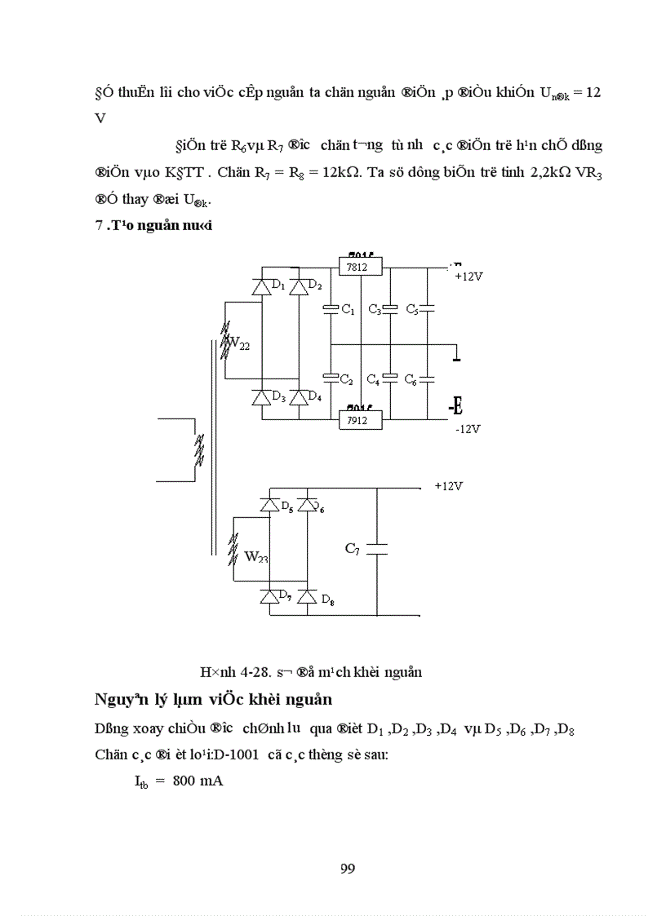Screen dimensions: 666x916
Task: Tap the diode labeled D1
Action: pos(262,286)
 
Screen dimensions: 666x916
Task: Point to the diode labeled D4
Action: pos(299,397)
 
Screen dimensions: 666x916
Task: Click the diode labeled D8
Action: pos(307,596)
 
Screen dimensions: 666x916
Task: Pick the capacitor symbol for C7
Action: pos(377,550)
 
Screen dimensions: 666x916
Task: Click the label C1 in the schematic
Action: pos(347,310)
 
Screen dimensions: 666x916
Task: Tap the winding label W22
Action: pos(238,344)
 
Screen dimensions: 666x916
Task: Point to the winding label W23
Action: pos(256,557)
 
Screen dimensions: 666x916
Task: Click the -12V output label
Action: pos(468,429)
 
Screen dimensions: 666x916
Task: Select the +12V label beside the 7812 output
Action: pos(468,277)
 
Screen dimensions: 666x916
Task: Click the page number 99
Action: pos(347,868)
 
